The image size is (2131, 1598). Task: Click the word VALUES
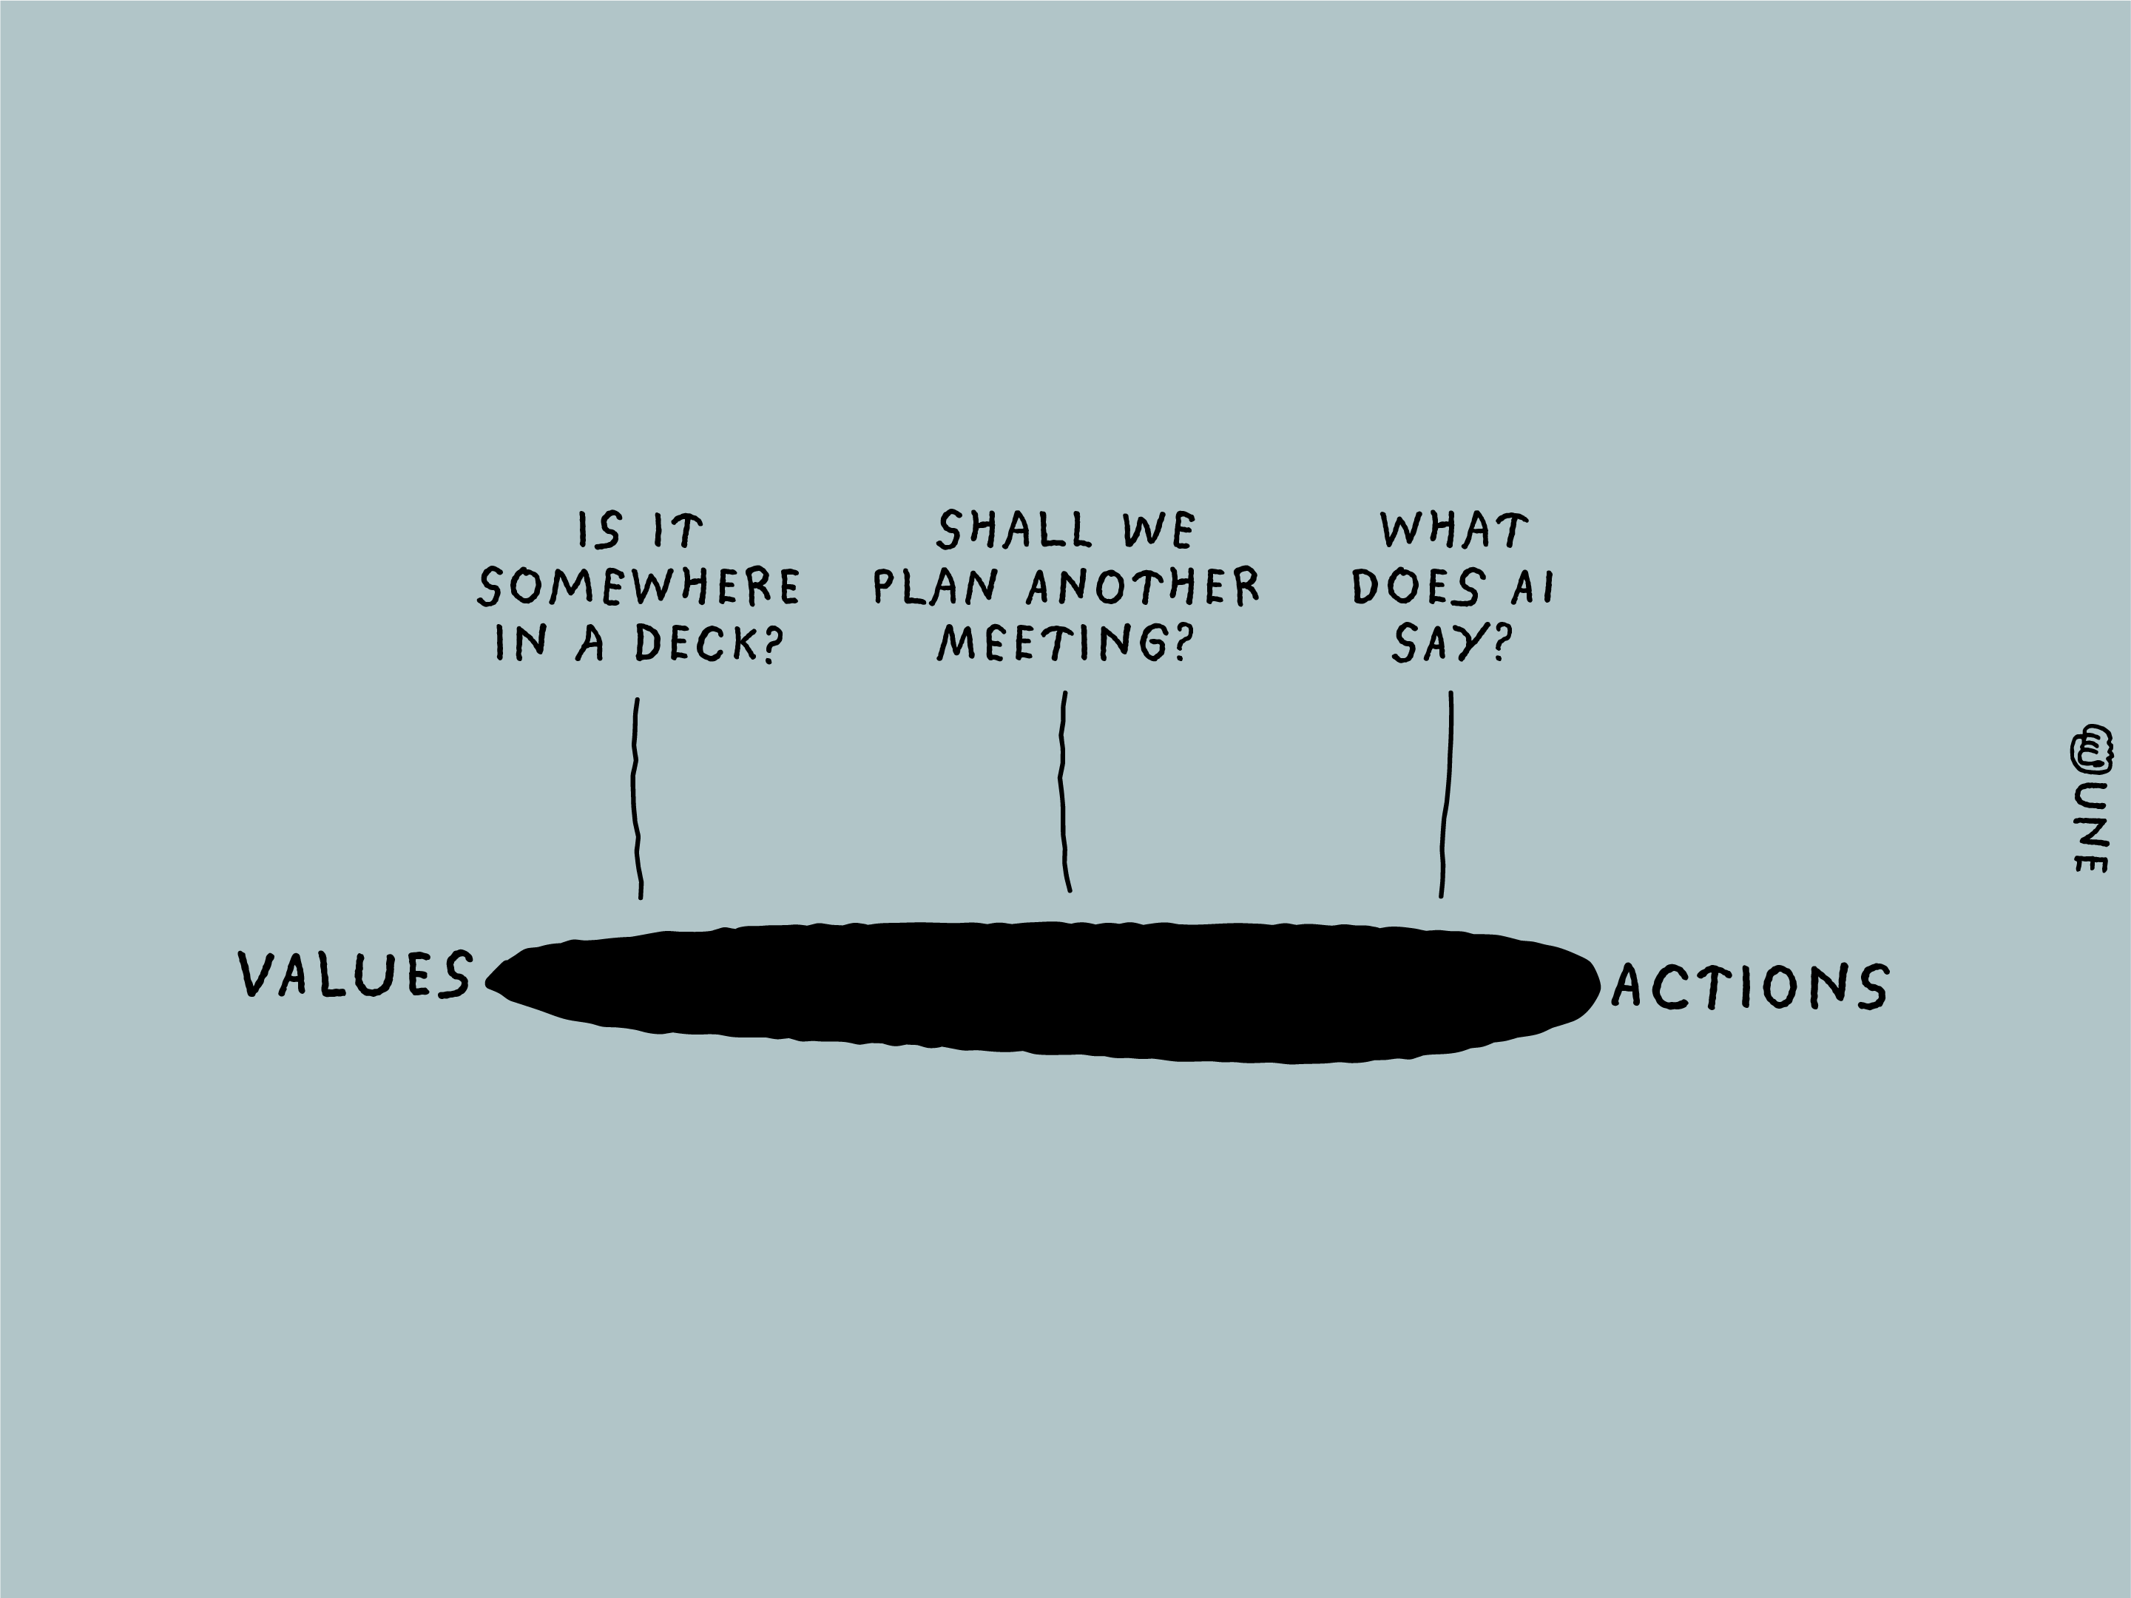pos(356,973)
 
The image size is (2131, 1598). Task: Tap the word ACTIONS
pos(1749,987)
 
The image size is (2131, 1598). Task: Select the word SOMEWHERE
pos(640,586)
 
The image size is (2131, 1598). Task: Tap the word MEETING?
pos(1064,643)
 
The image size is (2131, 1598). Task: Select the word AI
pos(1533,586)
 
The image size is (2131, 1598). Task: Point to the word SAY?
pos(1450,643)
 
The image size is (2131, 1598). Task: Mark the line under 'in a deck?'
pos(636,799)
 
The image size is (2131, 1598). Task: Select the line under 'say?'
pos(1447,793)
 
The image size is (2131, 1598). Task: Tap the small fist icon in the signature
pos(2092,748)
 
